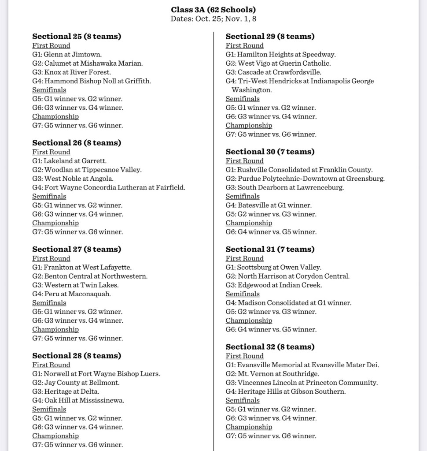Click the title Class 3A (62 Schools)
click(213, 10)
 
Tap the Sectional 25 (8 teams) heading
click(77, 36)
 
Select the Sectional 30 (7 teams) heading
click(270, 152)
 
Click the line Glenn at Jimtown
click(67, 55)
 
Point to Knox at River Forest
click(71, 72)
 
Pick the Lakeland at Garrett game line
click(69, 161)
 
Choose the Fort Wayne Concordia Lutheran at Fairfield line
click(108, 187)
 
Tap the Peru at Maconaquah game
click(71, 294)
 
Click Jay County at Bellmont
click(76, 383)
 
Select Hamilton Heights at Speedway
click(280, 55)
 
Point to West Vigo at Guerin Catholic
click(278, 63)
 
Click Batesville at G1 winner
click(269, 205)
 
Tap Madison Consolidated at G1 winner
click(288, 303)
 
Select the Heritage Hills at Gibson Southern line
click(286, 391)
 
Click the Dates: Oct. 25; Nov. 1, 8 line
click(213, 19)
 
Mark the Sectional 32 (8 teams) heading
click(270, 347)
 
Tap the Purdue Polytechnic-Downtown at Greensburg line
click(305, 179)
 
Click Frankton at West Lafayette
click(82, 267)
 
